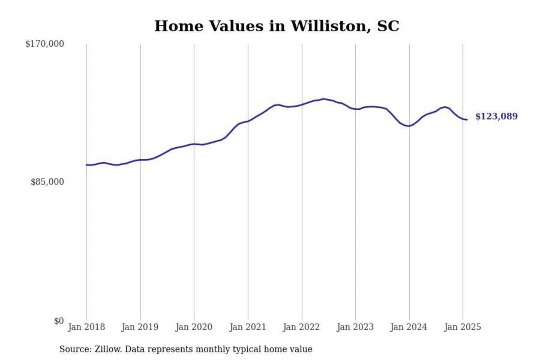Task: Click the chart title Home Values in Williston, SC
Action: (x=277, y=26)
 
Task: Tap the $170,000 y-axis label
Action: (x=45, y=44)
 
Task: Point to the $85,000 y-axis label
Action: (x=47, y=182)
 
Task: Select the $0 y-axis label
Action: (x=59, y=321)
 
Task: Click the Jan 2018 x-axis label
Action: (x=86, y=327)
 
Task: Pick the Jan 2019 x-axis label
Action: (x=140, y=327)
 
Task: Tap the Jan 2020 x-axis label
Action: (x=194, y=327)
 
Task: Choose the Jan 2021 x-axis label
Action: (x=247, y=327)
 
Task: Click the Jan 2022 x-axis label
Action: (x=301, y=327)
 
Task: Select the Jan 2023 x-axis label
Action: (x=355, y=327)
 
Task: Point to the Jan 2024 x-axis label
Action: (x=409, y=327)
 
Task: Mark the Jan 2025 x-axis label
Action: (x=462, y=327)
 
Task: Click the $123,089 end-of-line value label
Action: (x=496, y=116)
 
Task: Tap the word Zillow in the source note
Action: (x=108, y=349)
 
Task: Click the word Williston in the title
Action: (x=331, y=26)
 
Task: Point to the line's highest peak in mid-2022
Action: (x=324, y=99)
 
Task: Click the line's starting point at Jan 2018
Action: (x=87, y=165)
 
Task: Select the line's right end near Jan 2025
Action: (x=467, y=120)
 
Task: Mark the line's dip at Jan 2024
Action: (x=409, y=126)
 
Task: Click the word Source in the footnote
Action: (x=75, y=349)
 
